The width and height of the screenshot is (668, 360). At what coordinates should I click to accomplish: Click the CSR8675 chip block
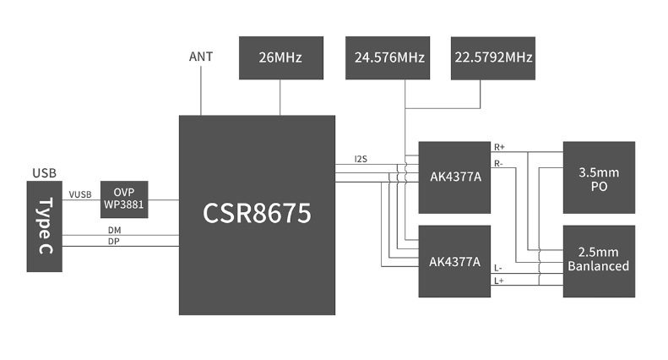[x=258, y=215]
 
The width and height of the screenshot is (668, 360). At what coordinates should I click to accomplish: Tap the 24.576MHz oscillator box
[x=388, y=58]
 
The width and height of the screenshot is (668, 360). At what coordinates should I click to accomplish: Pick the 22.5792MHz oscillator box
[x=493, y=58]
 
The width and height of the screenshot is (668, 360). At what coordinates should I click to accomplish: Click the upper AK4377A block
[x=454, y=177]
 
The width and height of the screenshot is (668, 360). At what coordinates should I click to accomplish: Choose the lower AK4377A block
[x=454, y=261]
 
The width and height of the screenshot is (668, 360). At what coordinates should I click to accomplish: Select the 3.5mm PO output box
[x=599, y=177]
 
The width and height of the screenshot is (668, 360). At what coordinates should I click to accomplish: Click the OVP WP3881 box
[x=124, y=199]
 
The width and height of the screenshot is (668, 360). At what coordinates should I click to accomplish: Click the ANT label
[x=201, y=57]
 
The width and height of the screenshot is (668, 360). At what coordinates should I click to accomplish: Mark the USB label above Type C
[x=44, y=173]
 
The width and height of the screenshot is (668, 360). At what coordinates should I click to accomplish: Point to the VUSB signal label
[x=80, y=195]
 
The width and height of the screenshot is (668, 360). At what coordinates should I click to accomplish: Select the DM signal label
[x=114, y=230]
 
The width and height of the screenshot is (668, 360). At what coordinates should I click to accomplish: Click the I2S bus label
[x=361, y=159]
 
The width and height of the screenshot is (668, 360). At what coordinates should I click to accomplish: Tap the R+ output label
[x=499, y=147]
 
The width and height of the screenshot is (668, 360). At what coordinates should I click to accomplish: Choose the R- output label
[x=499, y=163]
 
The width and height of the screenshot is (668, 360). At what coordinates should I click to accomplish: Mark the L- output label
[x=499, y=268]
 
